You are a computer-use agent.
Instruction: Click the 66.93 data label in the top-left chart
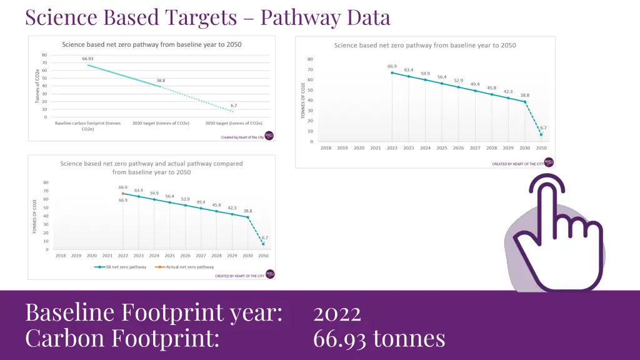click(87, 59)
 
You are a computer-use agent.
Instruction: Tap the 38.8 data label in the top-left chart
click(161, 81)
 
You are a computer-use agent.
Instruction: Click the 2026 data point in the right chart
click(458, 87)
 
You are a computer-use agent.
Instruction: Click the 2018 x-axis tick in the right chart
click(326, 148)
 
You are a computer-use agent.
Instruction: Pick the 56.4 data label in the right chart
click(442, 77)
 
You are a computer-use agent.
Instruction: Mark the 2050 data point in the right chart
click(541, 134)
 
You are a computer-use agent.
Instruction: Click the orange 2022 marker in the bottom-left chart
click(123, 194)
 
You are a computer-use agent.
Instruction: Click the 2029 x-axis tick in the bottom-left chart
click(232, 256)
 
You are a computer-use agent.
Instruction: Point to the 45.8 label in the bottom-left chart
click(216, 204)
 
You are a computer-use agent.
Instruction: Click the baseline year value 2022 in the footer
click(337, 312)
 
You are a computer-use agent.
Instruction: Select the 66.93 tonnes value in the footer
click(379, 339)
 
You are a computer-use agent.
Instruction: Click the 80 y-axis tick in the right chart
click(311, 59)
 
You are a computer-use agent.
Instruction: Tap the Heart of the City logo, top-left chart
click(269, 135)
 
